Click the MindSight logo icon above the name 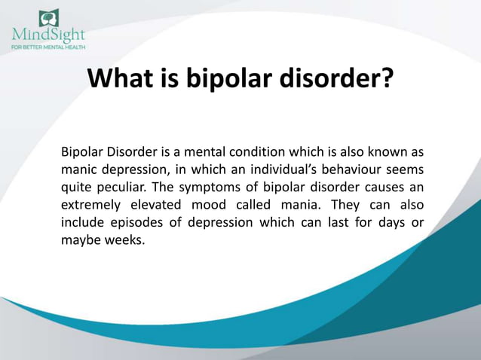48,17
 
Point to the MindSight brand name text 48,35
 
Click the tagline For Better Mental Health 48,46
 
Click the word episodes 136,223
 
